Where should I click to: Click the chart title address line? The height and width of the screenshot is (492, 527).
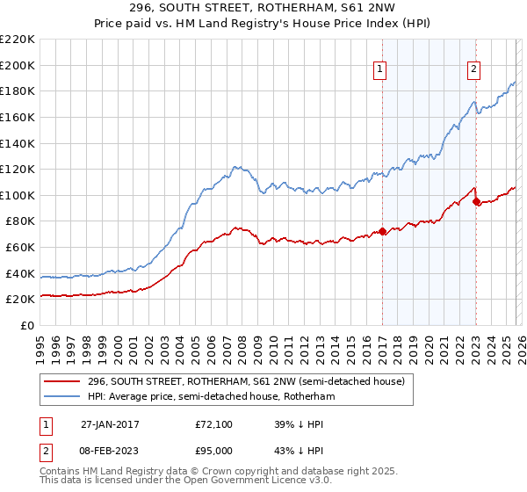point(263,9)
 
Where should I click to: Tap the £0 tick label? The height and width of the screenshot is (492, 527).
point(28,325)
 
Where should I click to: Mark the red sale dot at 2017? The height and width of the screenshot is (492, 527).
point(383,232)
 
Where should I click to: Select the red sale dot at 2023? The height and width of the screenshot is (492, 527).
point(477,202)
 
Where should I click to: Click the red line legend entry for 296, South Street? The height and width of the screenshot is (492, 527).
point(246,381)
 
